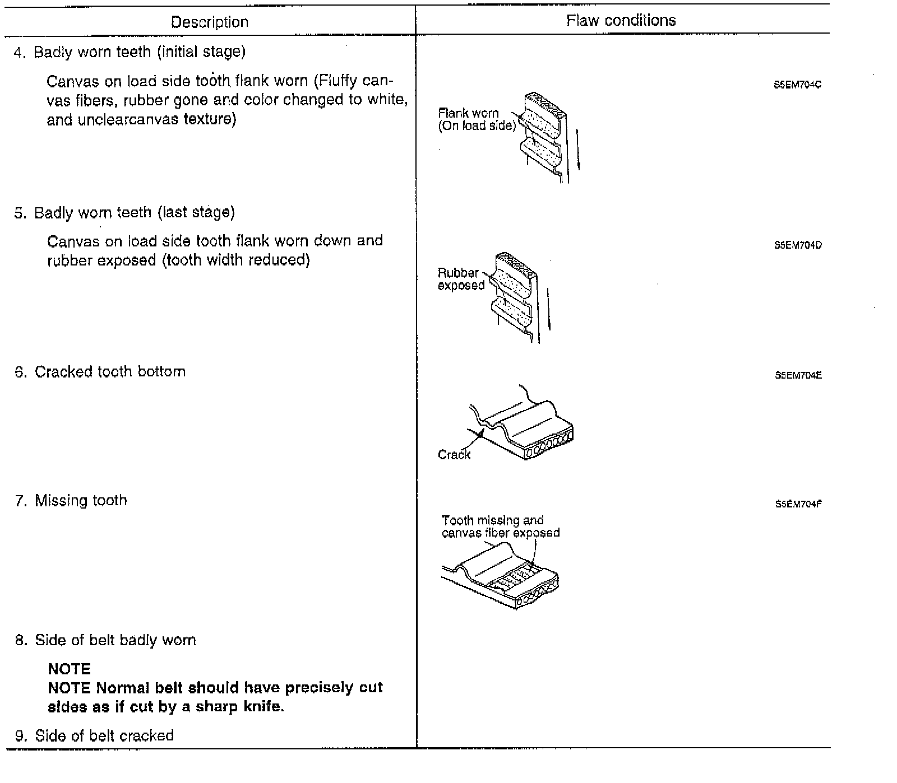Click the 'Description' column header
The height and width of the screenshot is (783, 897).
(209, 22)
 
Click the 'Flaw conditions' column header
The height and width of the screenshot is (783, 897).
(621, 21)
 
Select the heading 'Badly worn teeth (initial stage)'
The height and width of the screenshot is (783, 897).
(139, 52)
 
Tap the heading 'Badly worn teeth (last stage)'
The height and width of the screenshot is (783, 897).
(134, 213)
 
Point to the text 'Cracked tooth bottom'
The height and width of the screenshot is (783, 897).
(110, 372)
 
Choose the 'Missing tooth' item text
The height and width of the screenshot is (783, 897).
(81, 501)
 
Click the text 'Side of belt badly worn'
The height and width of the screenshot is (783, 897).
(115, 640)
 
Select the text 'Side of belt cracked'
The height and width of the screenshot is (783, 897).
(104, 735)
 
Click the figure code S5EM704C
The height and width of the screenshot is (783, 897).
(797, 86)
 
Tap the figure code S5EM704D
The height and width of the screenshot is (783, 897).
(797, 245)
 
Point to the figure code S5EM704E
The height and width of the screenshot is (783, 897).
(798, 376)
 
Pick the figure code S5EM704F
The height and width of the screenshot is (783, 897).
(798, 504)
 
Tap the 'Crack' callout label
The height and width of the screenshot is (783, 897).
(454, 455)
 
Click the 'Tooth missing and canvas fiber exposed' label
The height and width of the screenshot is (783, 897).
(500, 526)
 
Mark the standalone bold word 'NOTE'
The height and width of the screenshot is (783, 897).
(69, 669)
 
